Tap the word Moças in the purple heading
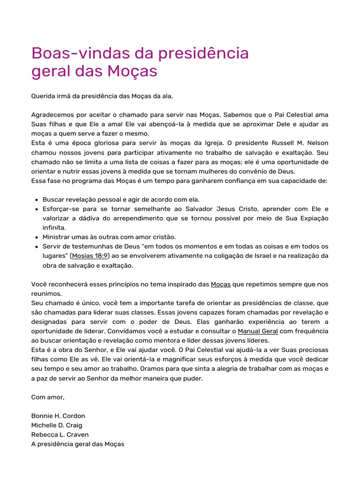132,72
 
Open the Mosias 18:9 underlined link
90,256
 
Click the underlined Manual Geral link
258,331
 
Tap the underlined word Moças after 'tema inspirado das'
221,284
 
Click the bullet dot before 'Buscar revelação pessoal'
36,200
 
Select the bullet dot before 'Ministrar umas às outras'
36,237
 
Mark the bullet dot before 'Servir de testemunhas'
36,247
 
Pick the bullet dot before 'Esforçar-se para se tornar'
36,209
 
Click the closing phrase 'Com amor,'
48,397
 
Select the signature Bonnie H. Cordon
58,416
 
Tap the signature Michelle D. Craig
57,425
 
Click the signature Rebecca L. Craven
60,435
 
